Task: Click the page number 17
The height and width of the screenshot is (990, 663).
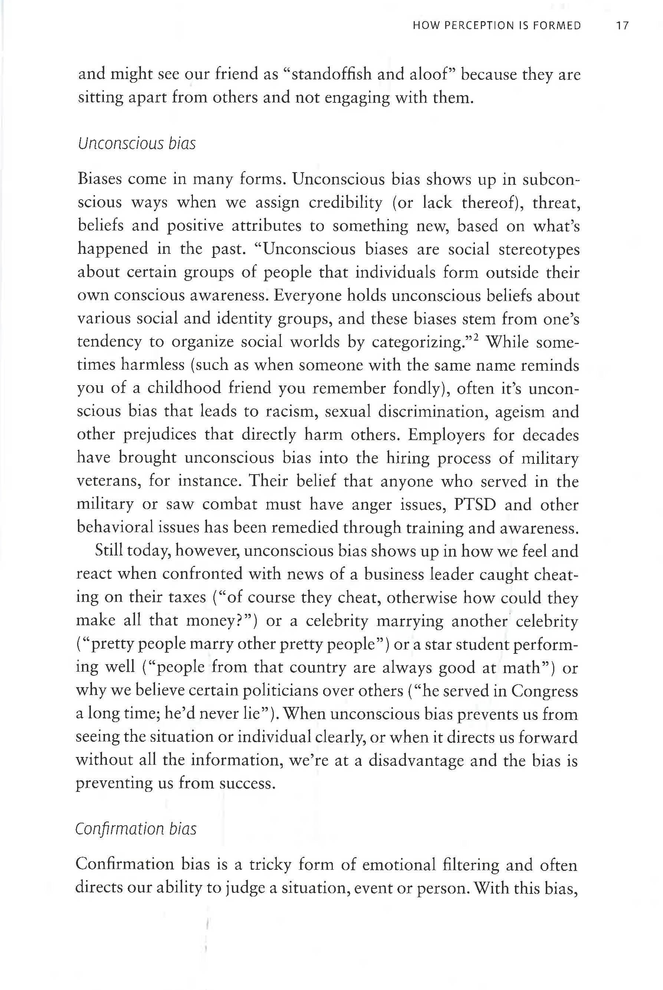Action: (623, 26)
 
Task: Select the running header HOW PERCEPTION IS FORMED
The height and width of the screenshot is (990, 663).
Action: (496, 26)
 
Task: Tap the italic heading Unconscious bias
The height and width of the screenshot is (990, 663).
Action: (137, 144)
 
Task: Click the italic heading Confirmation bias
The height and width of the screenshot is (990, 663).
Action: (136, 829)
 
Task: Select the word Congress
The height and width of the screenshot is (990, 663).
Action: (544, 691)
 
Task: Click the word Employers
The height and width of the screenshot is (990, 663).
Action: (446, 435)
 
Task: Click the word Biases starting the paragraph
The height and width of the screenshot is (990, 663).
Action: (99, 179)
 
